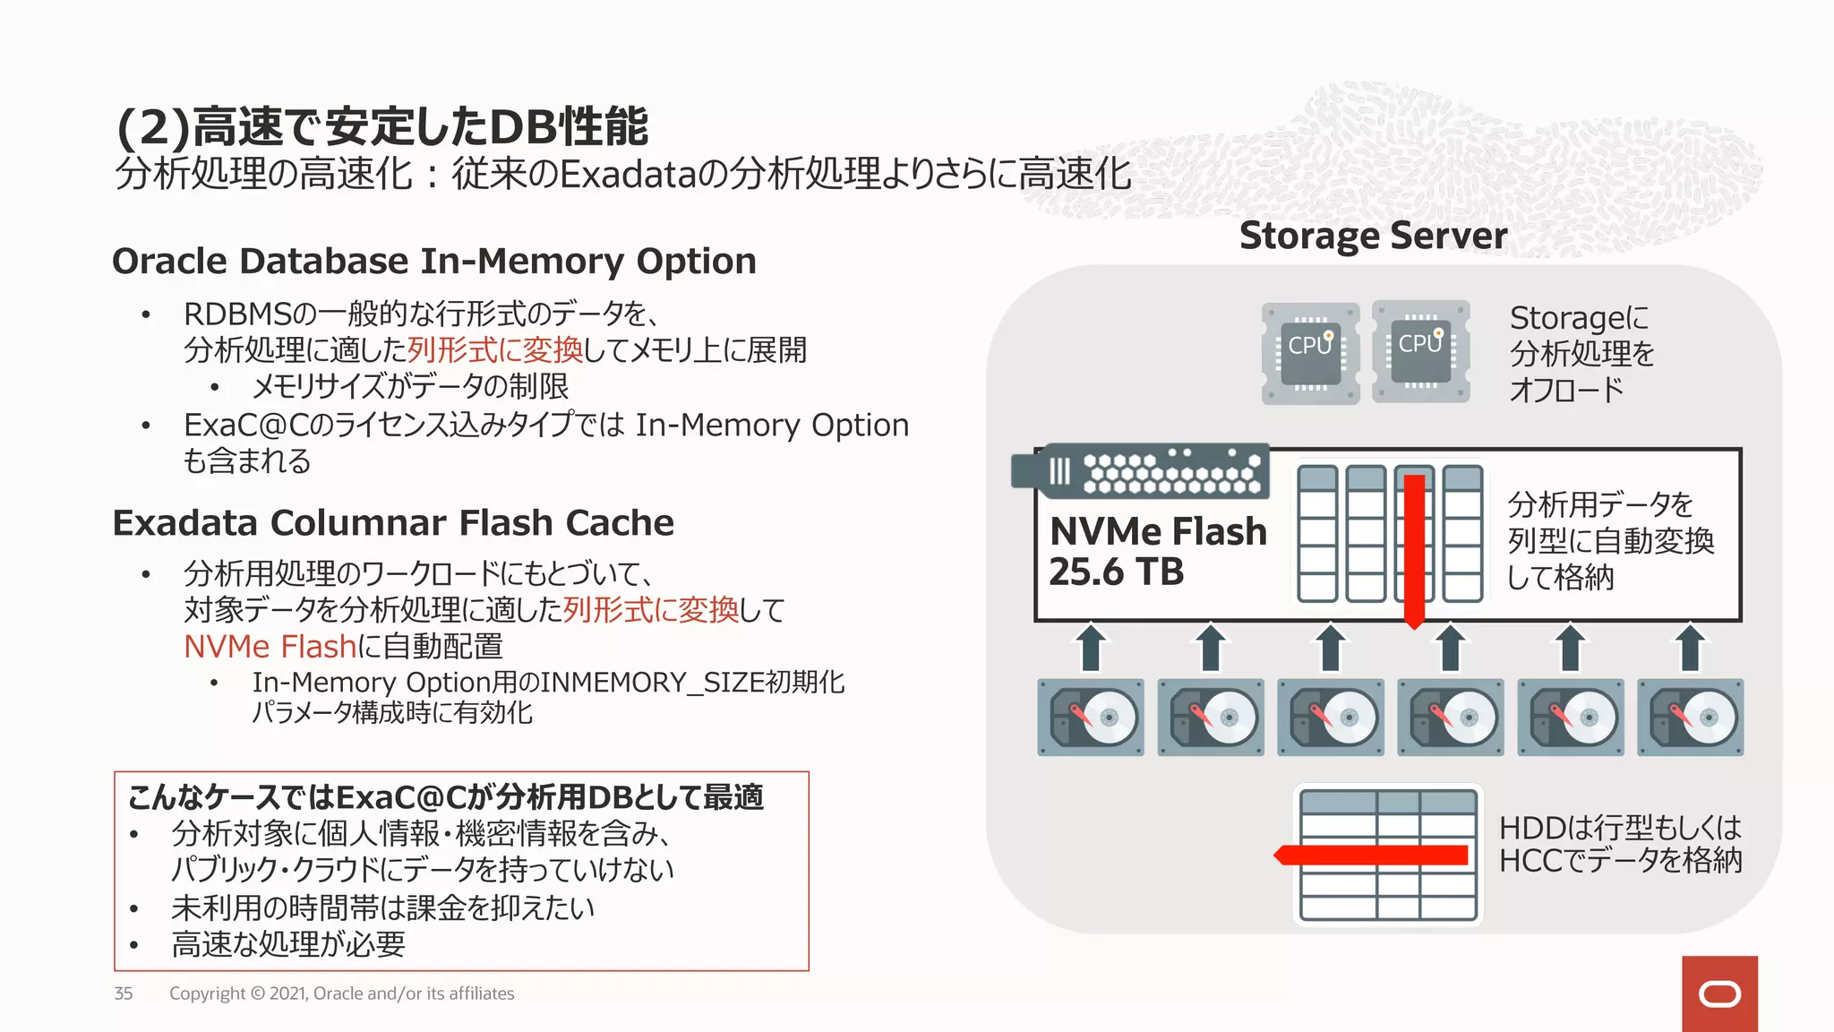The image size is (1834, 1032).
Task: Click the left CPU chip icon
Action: click(1310, 353)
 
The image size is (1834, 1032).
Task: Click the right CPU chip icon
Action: click(1421, 351)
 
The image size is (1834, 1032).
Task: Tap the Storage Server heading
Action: click(1373, 236)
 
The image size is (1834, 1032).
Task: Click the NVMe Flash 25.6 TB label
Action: click(1157, 551)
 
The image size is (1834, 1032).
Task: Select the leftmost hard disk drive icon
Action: click(1091, 718)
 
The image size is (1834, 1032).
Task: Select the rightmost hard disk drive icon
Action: click(1690, 718)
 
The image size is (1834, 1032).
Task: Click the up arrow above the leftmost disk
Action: click(1091, 648)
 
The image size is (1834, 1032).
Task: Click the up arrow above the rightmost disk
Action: click(1690, 648)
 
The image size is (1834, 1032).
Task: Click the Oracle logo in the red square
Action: click(1719, 994)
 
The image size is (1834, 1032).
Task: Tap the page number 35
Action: click(124, 993)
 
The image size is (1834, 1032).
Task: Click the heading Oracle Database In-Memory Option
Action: click(434, 262)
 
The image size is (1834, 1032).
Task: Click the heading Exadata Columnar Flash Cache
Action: click(393, 523)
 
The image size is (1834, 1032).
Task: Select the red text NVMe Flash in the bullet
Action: click(270, 647)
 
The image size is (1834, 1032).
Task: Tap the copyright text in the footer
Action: click(341, 993)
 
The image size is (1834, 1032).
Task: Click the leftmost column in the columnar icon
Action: click(1316, 534)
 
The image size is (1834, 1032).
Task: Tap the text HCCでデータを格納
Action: click(1620, 861)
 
